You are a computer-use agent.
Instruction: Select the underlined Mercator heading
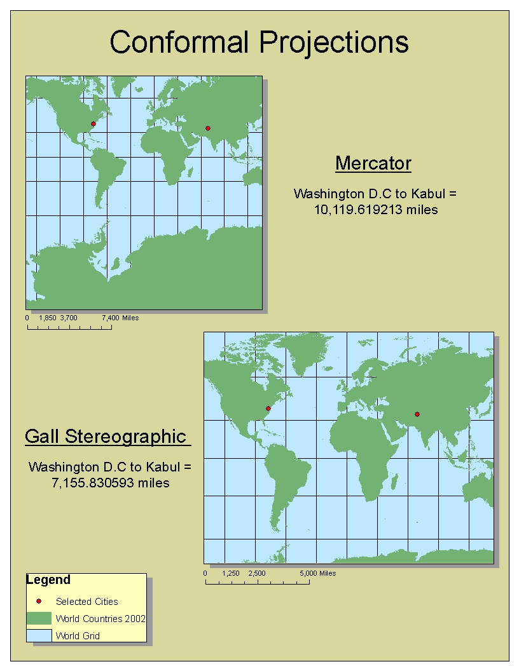click(373, 163)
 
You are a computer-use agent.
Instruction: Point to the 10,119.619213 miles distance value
click(376, 210)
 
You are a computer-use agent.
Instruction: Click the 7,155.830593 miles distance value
click(110, 483)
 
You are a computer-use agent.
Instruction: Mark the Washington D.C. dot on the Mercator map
click(93, 124)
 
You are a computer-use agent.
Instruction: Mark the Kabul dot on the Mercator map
click(207, 128)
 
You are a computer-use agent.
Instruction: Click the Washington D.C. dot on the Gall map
click(268, 408)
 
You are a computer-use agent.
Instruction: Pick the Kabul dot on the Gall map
click(417, 414)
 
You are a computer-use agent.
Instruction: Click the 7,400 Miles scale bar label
click(120, 318)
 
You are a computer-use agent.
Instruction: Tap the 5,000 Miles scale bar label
click(318, 573)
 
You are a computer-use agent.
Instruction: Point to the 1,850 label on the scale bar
click(48, 318)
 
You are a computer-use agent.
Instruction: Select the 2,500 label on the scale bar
click(257, 573)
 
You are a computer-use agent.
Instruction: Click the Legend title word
click(48, 580)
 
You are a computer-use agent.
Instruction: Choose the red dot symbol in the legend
click(38, 601)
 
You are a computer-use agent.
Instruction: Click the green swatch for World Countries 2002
click(39, 618)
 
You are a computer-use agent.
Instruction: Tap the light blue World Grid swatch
click(39, 635)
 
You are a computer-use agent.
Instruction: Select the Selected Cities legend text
click(87, 601)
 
